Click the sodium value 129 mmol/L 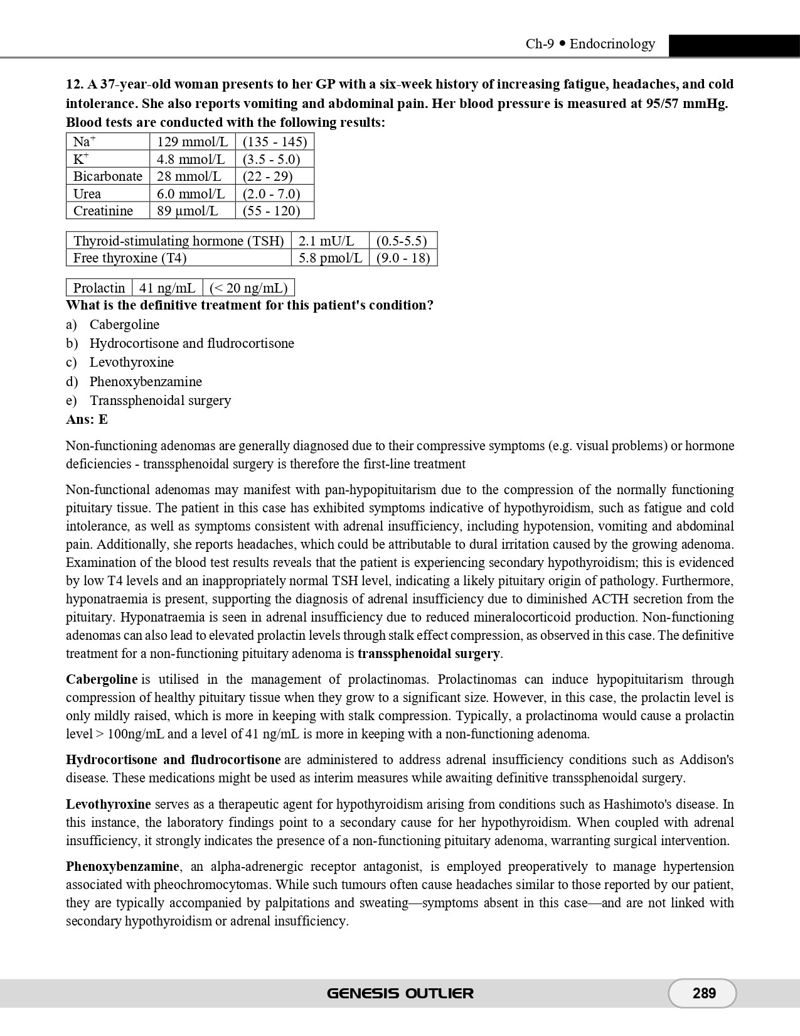[192, 142]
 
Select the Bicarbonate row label [107, 176]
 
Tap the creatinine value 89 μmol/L [187, 211]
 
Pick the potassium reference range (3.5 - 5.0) [271, 159]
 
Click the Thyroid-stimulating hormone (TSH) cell [178, 241]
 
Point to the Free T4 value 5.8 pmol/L [330, 258]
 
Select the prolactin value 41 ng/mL [167, 288]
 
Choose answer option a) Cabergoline [124, 325]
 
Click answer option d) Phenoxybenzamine [146, 382]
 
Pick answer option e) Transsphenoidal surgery [160, 401]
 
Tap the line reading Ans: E [87, 419]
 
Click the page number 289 [704, 993]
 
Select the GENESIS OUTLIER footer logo [400, 993]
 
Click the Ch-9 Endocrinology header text [590, 44]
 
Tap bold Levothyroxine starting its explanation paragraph [109, 804]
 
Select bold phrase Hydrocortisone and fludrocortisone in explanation [173, 760]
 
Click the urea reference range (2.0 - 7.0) [271, 194]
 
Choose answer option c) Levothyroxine [131, 362]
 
